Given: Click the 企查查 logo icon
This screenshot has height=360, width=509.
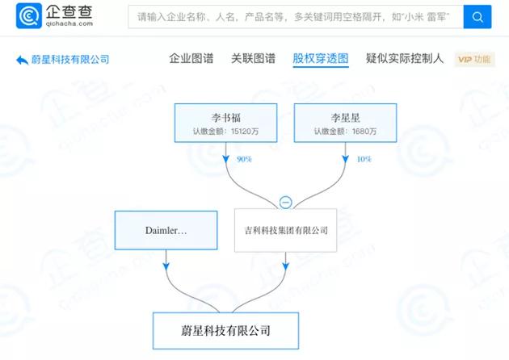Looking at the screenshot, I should [29, 17].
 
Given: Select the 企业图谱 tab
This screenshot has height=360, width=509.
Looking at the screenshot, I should [191, 58].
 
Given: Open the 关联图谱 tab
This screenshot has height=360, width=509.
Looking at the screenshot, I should [253, 58].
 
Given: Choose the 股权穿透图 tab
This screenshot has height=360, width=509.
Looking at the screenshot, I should [320, 58].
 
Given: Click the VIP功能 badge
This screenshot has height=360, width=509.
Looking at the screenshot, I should [474, 59].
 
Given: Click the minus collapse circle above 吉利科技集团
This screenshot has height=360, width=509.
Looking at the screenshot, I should [285, 202].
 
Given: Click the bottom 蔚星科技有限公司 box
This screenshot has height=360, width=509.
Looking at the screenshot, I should [225, 329].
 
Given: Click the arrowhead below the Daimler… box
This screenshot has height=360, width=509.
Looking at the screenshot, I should [166, 263].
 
